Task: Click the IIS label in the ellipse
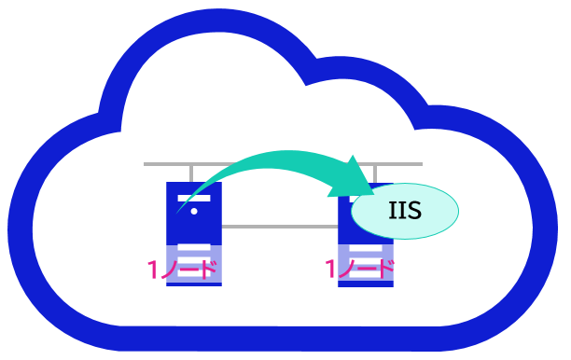click(x=405, y=211)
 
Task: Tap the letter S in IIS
click(x=414, y=211)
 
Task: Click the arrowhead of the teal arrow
click(x=352, y=177)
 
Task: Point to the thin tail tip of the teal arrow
click(x=177, y=213)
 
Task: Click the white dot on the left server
click(x=194, y=211)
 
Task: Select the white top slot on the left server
click(x=194, y=199)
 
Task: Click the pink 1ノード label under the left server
click(x=182, y=270)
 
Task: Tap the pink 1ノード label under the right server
click(x=360, y=269)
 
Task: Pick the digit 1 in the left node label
click(x=153, y=270)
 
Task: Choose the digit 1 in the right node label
click(x=330, y=269)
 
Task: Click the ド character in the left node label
click(x=208, y=270)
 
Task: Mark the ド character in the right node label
click(x=385, y=269)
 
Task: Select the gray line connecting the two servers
click(x=280, y=227)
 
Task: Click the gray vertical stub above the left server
click(x=191, y=173)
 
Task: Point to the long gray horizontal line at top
click(x=283, y=164)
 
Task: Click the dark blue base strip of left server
click(x=194, y=284)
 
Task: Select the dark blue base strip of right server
click(x=366, y=284)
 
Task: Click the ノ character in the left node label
click(x=169, y=270)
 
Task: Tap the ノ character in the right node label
click(x=347, y=270)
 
